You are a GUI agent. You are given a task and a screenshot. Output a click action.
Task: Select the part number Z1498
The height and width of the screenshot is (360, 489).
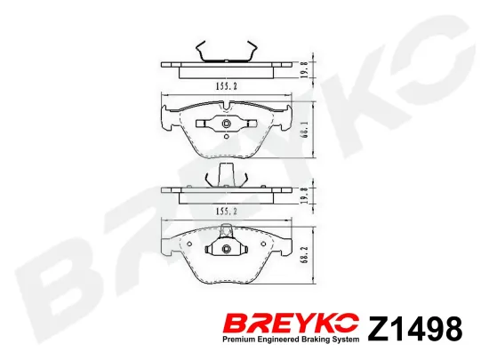pos(415,329)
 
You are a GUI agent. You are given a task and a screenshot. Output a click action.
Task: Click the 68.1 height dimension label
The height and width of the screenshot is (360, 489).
pos(305,130)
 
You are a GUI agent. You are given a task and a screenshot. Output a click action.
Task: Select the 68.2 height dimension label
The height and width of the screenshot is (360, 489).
pos(305,254)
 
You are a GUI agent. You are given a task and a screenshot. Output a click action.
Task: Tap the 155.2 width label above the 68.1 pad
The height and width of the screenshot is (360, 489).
pos(227,86)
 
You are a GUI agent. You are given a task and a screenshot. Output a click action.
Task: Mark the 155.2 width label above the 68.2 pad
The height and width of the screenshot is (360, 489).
pos(227,212)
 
